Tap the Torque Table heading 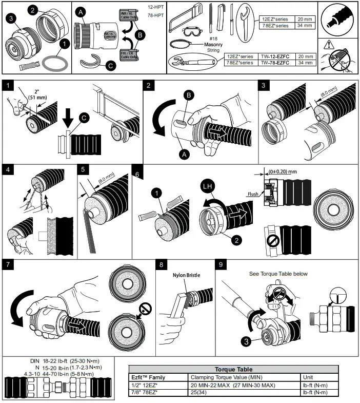(233, 369)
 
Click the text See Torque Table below (278, 274)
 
